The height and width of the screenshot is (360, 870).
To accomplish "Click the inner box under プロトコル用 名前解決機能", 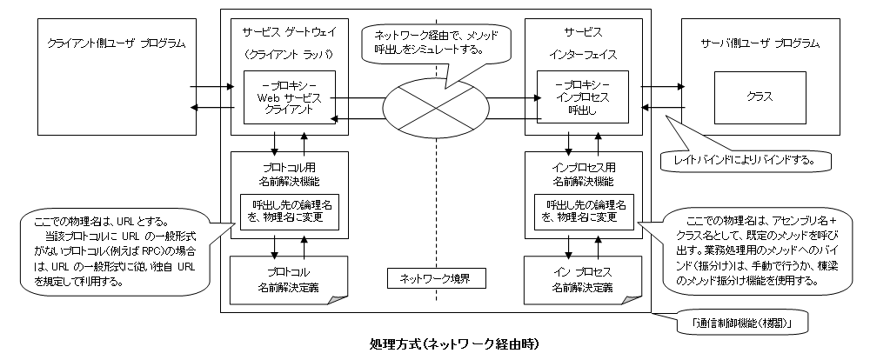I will (x=289, y=210).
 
